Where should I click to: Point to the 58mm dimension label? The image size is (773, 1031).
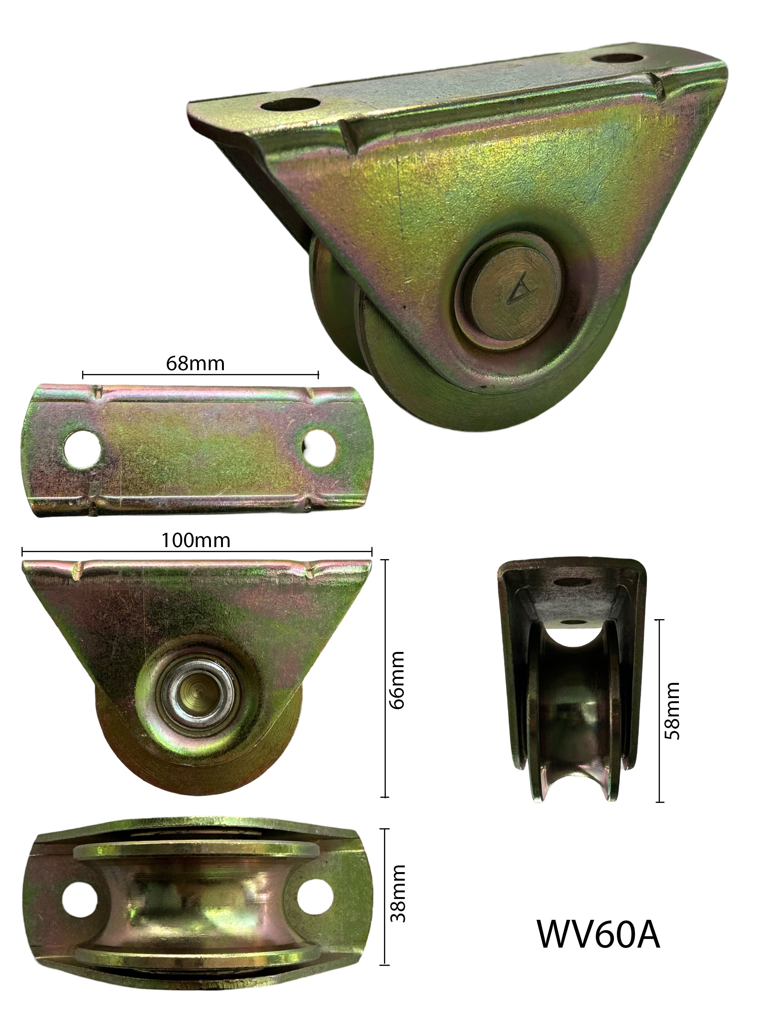tap(672, 710)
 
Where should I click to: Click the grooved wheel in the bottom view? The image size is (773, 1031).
tap(196, 897)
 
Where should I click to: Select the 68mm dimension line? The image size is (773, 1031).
tap(201, 375)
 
